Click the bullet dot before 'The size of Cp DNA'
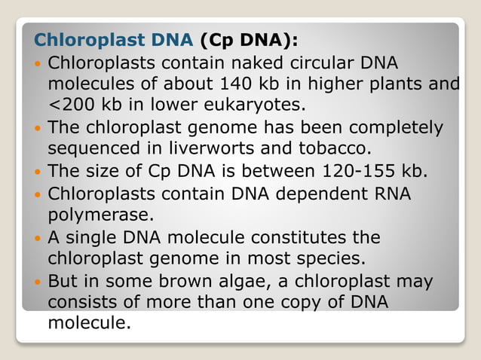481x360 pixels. point(38,171)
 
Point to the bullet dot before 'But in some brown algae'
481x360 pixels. point(38,282)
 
